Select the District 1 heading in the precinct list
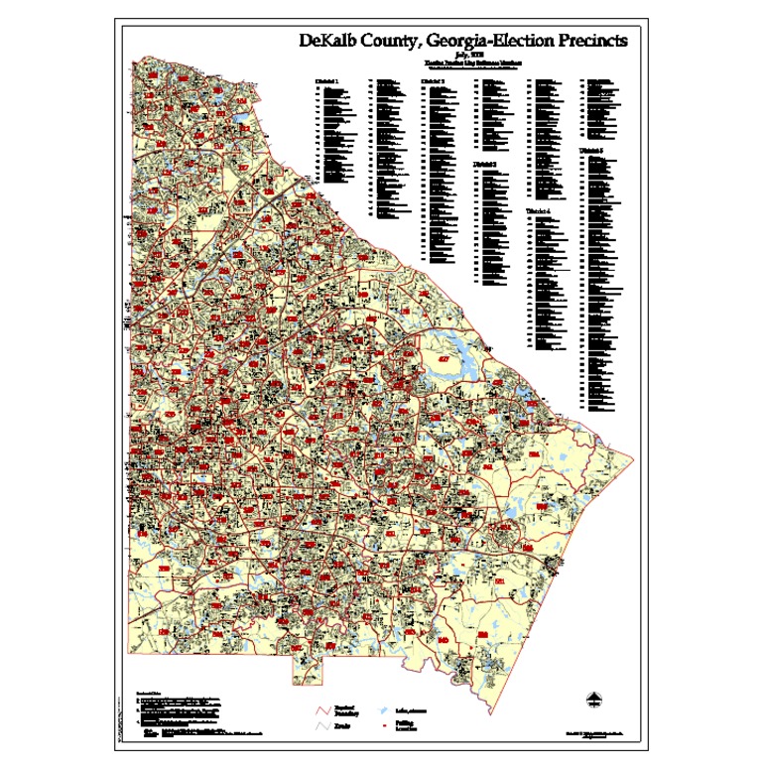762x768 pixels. pos(326,79)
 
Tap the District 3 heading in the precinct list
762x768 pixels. pos(432,79)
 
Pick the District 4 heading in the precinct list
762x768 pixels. pos(539,211)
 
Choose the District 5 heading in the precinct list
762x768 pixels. pos(592,149)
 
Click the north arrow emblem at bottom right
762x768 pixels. pos(592,702)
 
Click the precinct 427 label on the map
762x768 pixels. pos(444,357)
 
